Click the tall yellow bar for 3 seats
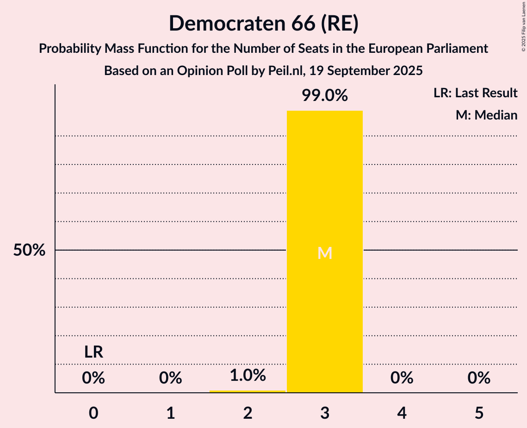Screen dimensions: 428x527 tap(325, 185)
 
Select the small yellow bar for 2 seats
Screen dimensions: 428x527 tap(248, 391)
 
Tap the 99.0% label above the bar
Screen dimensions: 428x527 tap(325, 96)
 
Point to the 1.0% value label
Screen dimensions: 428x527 tap(248, 375)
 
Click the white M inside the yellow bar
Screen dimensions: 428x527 tap(325, 253)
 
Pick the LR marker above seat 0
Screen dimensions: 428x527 tap(93, 352)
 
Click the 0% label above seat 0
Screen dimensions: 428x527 tap(93, 378)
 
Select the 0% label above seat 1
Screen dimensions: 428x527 tap(170, 378)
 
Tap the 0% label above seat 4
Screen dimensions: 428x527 tap(402, 378)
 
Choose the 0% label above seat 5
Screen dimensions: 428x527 tap(479, 378)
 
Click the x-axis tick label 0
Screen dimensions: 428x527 tap(93, 413)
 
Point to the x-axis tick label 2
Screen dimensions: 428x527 tap(248, 413)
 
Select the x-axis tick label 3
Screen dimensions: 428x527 tap(325, 413)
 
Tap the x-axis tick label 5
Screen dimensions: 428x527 tap(479, 413)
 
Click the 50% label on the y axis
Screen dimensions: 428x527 tap(29, 251)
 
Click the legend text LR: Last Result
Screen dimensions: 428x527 tap(475, 93)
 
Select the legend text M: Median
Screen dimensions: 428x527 tap(486, 115)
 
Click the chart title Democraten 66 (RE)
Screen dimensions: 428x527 tap(263, 24)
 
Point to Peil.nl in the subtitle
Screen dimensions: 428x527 tap(281, 71)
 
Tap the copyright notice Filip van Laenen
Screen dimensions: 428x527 tap(523, 27)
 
